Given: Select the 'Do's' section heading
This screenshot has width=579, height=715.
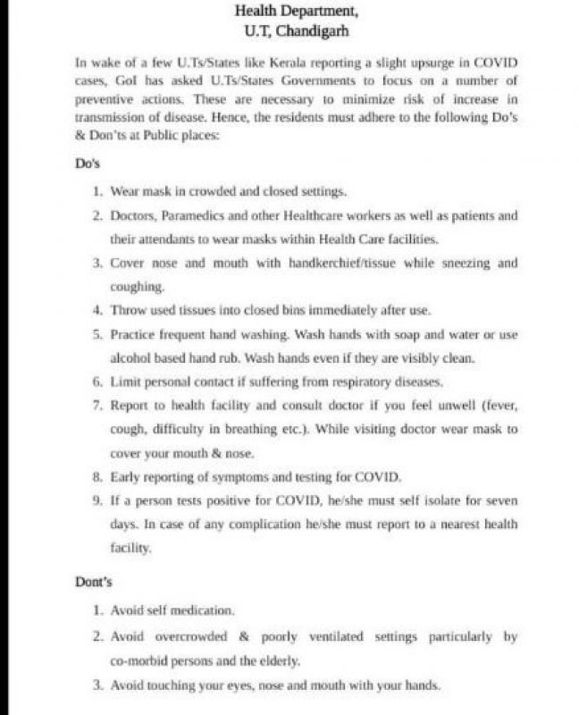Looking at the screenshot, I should [x=88, y=164].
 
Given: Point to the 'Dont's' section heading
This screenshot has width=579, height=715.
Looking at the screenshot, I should [x=94, y=582].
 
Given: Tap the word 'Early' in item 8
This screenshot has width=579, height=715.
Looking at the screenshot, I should [x=126, y=476].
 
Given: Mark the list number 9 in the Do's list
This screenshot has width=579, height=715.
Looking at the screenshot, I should [x=96, y=500].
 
